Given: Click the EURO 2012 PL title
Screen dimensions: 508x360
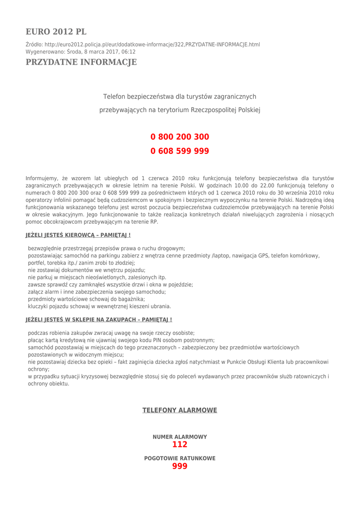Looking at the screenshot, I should coord(56,32).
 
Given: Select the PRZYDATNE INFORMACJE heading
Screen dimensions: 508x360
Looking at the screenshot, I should coord(81,63).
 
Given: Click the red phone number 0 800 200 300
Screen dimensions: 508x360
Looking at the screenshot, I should coord(180,137).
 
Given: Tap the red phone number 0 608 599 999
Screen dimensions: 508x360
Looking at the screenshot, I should coord(180,151).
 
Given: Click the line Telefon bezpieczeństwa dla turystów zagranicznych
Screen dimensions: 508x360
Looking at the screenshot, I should coord(180,97).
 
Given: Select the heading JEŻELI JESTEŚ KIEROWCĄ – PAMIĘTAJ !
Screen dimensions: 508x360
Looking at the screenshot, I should coord(78,235).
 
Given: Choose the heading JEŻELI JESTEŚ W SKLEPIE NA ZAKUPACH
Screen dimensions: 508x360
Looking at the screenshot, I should coord(99,320).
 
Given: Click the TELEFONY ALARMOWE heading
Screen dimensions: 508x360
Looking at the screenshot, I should coord(180,410).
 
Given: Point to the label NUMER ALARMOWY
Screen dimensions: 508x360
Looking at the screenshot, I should coord(180,437).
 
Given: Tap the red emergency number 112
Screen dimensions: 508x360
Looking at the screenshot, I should coord(180,444).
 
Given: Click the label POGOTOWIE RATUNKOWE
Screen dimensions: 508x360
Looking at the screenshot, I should coord(180,459).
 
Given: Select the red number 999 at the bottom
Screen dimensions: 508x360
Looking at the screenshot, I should coord(180,466).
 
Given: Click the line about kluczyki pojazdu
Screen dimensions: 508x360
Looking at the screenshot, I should coord(99,307).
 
